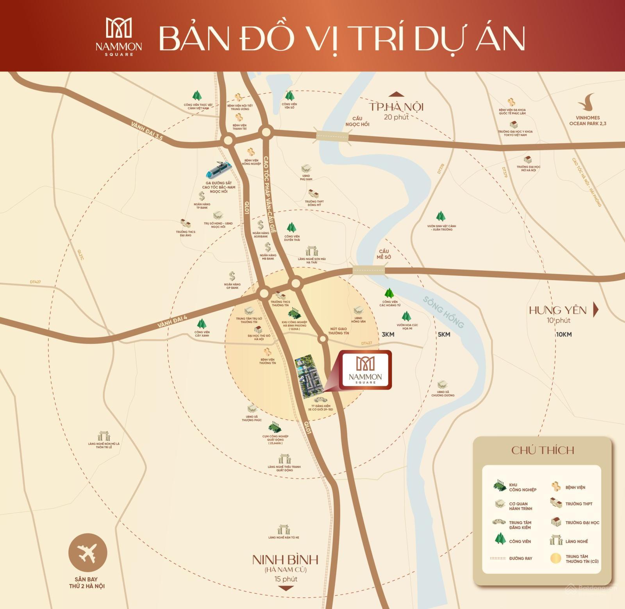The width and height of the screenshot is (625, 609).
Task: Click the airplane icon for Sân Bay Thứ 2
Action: pyautogui.click(x=87, y=553)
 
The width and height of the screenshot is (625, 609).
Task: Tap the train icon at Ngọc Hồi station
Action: pyautogui.click(x=219, y=170)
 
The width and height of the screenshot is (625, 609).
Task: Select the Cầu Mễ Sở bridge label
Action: pyautogui.click(x=384, y=254)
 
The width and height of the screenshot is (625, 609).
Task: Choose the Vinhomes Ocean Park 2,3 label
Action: pyautogui.click(x=587, y=120)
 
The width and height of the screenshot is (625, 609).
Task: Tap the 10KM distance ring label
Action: pyautogui.click(x=564, y=334)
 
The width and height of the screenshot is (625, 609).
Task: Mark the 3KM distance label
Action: pyautogui.click(x=388, y=334)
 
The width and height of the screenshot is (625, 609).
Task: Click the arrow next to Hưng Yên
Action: pyautogui.click(x=596, y=309)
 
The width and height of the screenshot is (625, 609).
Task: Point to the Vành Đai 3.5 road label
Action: pyautogui.click(x=147, y=131)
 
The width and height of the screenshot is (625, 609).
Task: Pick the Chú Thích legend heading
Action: pyautogui.click(x=543, y=450)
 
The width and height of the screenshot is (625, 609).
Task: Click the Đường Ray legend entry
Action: pyautogui.click(x=512, y=558)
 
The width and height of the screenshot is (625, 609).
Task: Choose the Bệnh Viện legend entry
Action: pyautogui.click(x=570, y=487)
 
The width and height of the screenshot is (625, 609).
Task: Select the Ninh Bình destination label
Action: pyautogui.click(x=285, y=560)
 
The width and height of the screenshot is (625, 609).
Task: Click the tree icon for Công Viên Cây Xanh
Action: pyautogui.click(x=202, y=324)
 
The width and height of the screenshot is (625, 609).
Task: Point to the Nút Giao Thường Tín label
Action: pyautogui.click(x=338, y=331)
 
